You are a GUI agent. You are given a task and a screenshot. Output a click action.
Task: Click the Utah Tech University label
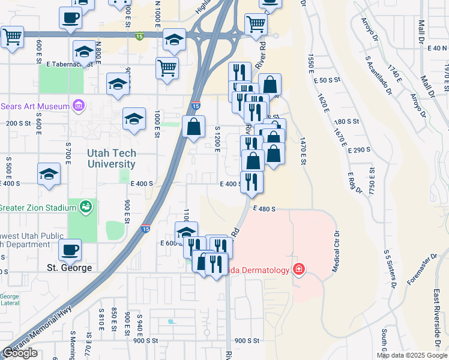pyautogui.click(x=111, y=158)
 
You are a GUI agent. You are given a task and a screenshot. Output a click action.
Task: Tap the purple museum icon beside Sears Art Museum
pyautogui.click(x=77, y=106)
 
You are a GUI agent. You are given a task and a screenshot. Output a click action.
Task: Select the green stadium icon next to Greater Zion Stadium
pyautogui.click(x=87, y=207)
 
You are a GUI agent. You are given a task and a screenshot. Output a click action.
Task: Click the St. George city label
pyautogui.click(x=70, y=267)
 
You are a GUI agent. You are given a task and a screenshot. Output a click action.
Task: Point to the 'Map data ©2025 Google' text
pyautogui.click(x=412, y=355)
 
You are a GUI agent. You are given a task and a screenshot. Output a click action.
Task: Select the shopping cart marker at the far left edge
pyautogui.click(x=12, y=37)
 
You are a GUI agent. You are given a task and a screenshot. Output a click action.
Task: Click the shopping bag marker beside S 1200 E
pyautogui.click(x=193, y=127)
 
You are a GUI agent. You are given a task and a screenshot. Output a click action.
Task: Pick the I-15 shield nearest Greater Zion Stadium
pyautogui.click(x=145, y=229)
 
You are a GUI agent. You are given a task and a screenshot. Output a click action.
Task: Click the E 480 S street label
pyautogui.click(x=264, y=209)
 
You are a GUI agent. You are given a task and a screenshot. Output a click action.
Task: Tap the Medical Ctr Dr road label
pyautogui.click(x=336, y=250)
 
